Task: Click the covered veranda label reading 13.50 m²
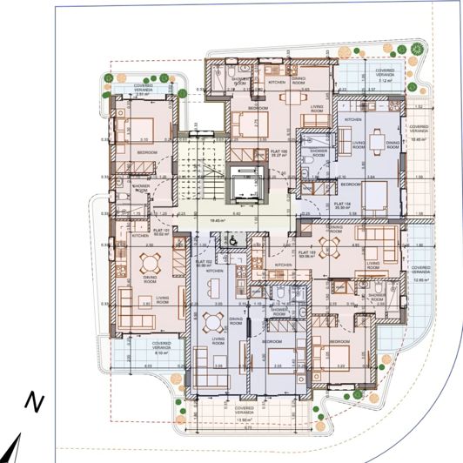[245, 413]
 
